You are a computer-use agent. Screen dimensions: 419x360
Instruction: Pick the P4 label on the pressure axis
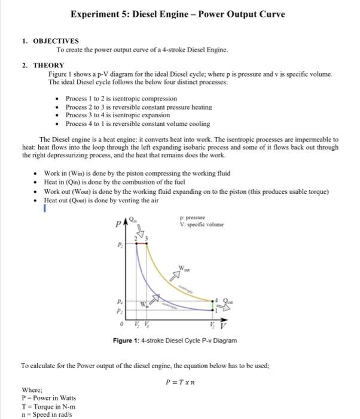(120, 303)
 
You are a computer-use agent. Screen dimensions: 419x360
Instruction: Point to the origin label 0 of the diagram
(121, 325)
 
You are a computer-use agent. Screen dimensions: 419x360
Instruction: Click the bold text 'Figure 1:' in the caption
(126, 341)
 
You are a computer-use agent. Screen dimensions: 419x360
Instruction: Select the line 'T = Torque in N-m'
(48, 406)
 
